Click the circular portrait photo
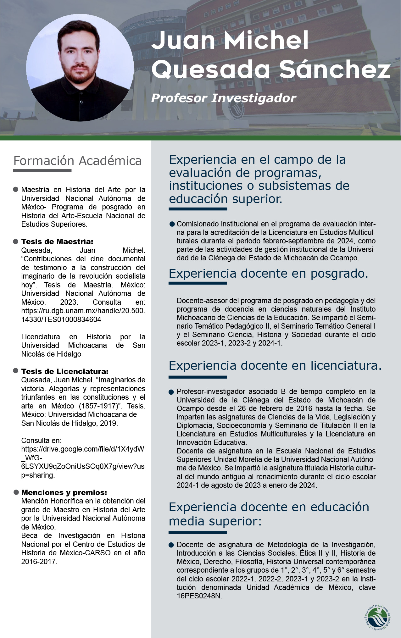pos(80,68)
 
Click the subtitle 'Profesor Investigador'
pos(223,98)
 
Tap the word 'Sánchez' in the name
pos(335,69)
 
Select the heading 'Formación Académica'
pos(77,161)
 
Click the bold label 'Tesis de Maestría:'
pos(57,241)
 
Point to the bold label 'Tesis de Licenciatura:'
pos(65,371)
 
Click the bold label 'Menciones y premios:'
pos(64,492)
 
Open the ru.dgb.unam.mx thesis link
pos(83,315)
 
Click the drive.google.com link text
pos(83,458)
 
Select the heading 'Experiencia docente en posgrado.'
pos(268,274)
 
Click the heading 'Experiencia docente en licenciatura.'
pos(275,366)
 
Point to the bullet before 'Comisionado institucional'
pos(172,224)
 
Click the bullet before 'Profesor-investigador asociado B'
pos(171,392)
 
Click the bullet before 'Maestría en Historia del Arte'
pos(15,190)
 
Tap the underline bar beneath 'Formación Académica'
pos(42,171)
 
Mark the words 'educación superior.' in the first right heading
pos(226,199)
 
